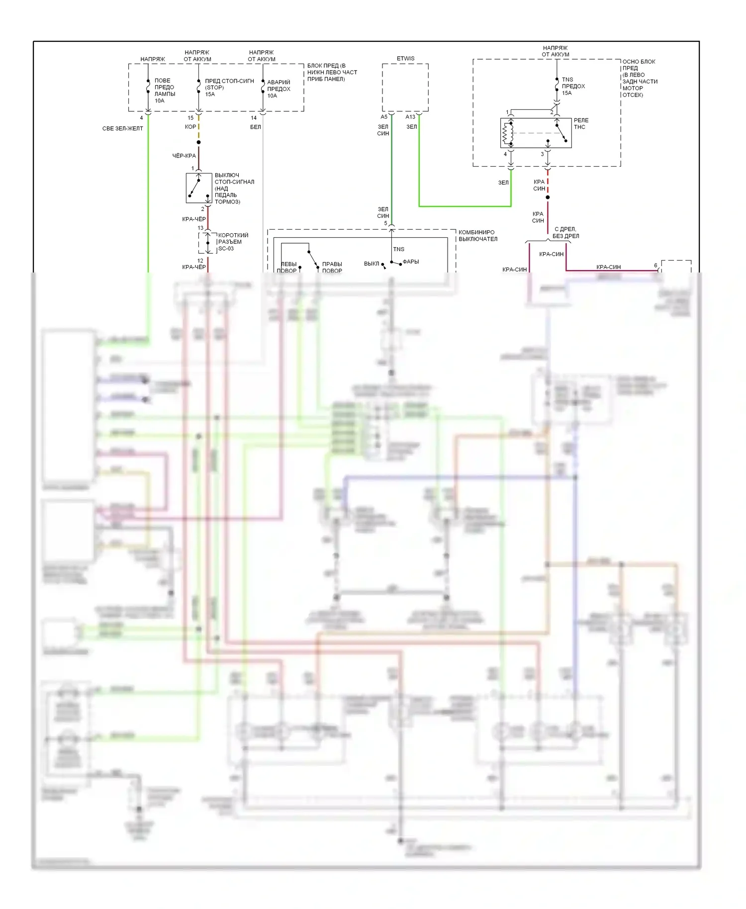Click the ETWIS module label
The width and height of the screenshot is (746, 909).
click(405, 59)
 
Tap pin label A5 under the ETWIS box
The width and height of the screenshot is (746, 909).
click(384, 117)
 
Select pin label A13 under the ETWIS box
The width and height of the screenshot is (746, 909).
click(410, 117)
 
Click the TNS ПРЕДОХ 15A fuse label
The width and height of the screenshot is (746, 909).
click(573, 86)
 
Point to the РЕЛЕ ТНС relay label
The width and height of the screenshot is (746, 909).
click(580, 124)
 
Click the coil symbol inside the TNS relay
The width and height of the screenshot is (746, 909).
click(508, 133)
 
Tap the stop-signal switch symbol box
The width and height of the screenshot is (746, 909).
click(198, 188)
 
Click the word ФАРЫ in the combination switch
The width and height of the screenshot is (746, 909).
click(410, 262)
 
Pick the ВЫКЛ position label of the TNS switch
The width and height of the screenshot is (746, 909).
click(372, 264)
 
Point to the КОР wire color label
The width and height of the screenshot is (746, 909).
click(190, 127)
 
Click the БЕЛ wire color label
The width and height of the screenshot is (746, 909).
click(255, 127)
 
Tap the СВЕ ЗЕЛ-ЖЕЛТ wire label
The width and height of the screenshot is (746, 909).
click(122, 128)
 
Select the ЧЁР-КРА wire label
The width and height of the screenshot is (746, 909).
click(184, 156)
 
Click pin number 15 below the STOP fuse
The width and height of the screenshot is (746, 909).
click(190, 118)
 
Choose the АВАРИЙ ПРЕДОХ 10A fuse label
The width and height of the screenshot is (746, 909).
click(279, 89)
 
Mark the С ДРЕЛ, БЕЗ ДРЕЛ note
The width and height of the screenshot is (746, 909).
click(565, 233)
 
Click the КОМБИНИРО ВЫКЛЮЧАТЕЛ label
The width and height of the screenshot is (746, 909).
click(477, 236)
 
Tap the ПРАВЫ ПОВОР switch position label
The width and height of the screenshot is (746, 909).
click(332, 268)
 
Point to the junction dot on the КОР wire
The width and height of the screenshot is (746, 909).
click(198, 142)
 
